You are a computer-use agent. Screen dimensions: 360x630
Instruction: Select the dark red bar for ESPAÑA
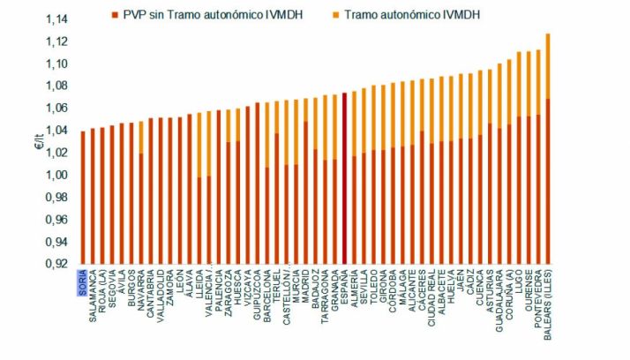(344, 176)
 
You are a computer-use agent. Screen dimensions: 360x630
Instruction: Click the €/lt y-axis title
(38, 140)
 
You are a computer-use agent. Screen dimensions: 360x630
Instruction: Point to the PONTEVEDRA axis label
(537, 296)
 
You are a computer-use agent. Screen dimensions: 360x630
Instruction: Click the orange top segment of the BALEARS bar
(547, 66)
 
